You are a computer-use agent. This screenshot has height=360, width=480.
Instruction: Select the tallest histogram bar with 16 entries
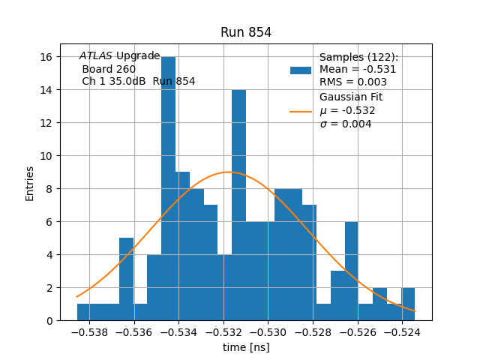[x=169, y=187]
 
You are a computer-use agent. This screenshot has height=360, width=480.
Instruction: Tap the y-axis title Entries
[x=30, y=183]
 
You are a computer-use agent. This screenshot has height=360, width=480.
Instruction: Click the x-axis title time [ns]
[x=246, y=347]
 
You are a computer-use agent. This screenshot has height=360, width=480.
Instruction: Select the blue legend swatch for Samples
[x=301, y=70]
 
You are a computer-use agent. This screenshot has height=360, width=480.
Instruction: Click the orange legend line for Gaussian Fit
[x=301, y=111]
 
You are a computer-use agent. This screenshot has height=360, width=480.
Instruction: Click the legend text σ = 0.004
[x=346, y=124]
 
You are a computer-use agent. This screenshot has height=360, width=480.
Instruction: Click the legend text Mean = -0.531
[x=358, y=70]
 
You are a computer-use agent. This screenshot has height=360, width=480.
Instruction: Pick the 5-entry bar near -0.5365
[x=126, y=279]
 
